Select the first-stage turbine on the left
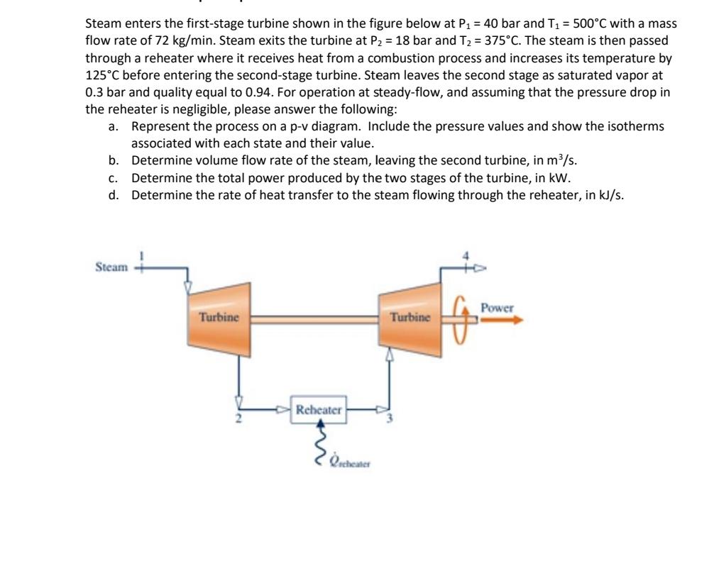coord(219,317)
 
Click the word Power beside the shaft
coord(496,308)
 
